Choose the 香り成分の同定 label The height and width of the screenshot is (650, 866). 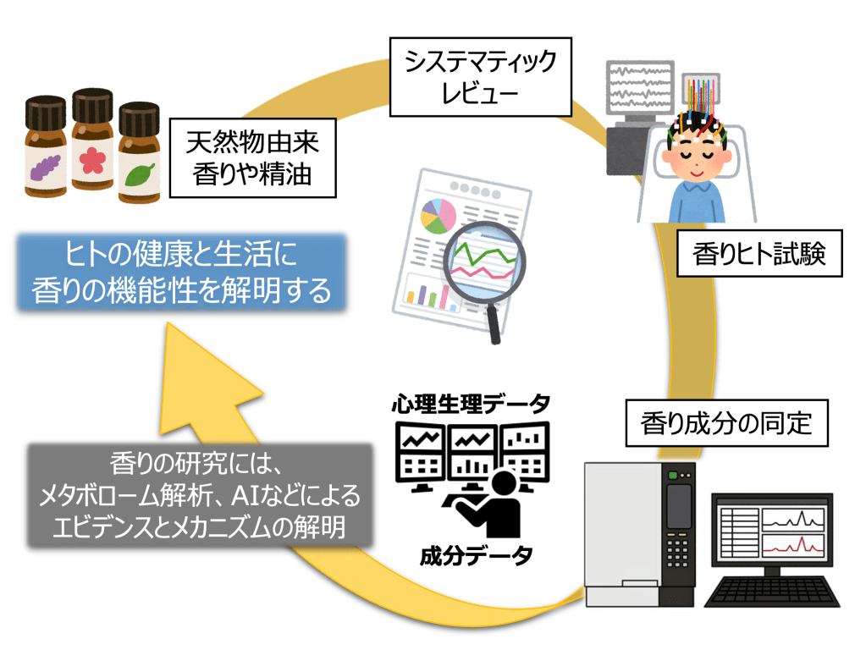tap(727, 421)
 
